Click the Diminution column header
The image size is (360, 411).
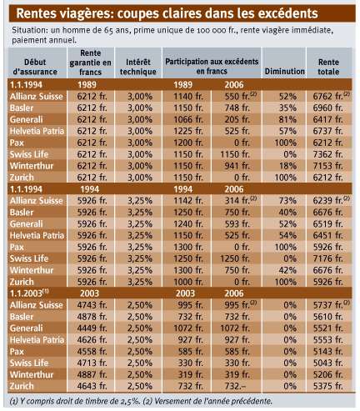(284, 72)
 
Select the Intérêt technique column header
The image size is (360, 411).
(138, 67)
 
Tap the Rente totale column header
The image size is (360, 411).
(328, 67)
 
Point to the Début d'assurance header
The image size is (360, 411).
(35, 67)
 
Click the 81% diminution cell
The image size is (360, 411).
(287, 119)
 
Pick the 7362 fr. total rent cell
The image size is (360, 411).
(327, 154)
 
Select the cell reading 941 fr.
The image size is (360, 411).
(237, 166)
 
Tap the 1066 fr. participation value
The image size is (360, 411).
(188, 119)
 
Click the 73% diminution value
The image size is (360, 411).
(287, 201)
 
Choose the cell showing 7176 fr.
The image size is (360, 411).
(327, 258)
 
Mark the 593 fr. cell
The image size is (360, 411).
(237, 223)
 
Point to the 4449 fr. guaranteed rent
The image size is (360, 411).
(92, 328)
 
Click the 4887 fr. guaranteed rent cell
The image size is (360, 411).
(92, 374)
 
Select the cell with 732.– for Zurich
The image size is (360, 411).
(236, 386)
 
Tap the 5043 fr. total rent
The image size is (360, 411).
(327, 363)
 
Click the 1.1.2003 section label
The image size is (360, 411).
(29, 293)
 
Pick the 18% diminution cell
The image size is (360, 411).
(287, 166)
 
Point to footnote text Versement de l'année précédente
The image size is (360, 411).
(213, 401)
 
